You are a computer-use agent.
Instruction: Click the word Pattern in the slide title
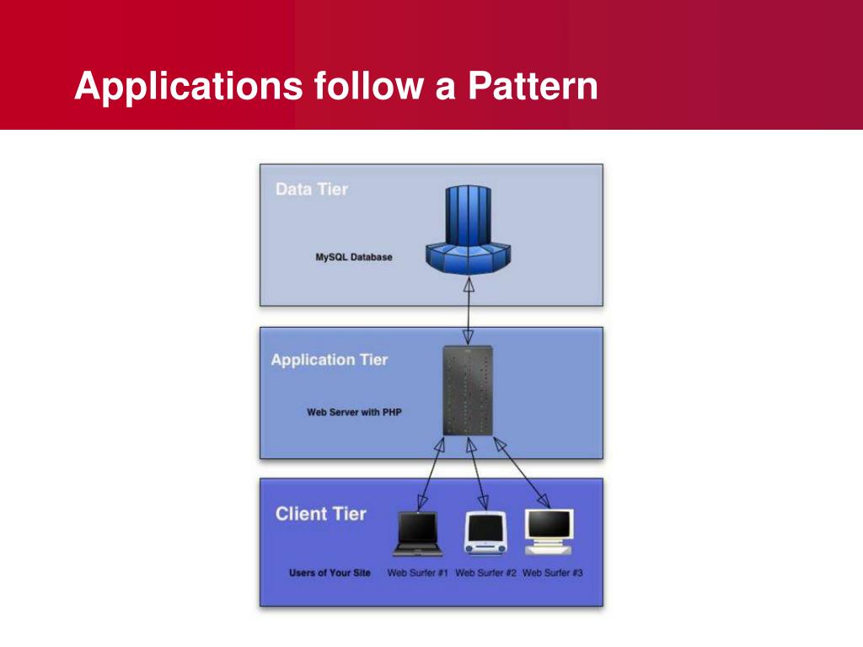coord(533,87)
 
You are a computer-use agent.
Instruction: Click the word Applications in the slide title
coord(188,87)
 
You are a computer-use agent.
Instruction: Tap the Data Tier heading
coord(311,189)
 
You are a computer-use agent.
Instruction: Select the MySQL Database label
coord(353,257)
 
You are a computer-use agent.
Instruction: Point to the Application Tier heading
coord(330,360)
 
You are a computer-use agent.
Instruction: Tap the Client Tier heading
coord(321,513)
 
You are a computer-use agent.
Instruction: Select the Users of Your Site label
coord(330,573)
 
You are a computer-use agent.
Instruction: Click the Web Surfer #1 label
coord(417,573)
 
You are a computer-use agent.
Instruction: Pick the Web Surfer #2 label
coord(485,573)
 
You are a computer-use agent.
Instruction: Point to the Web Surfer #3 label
coord(553,573)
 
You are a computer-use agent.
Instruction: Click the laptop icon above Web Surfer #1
coord(417,534)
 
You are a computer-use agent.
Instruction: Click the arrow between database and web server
coord(469,313)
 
